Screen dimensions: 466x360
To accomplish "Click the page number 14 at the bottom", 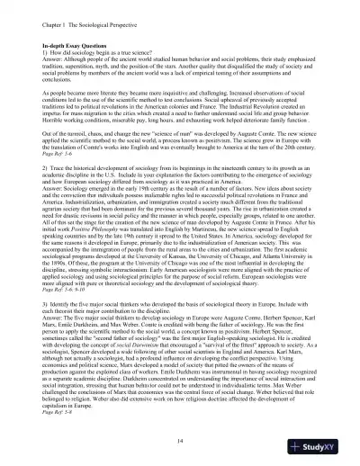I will coord(180,416).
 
